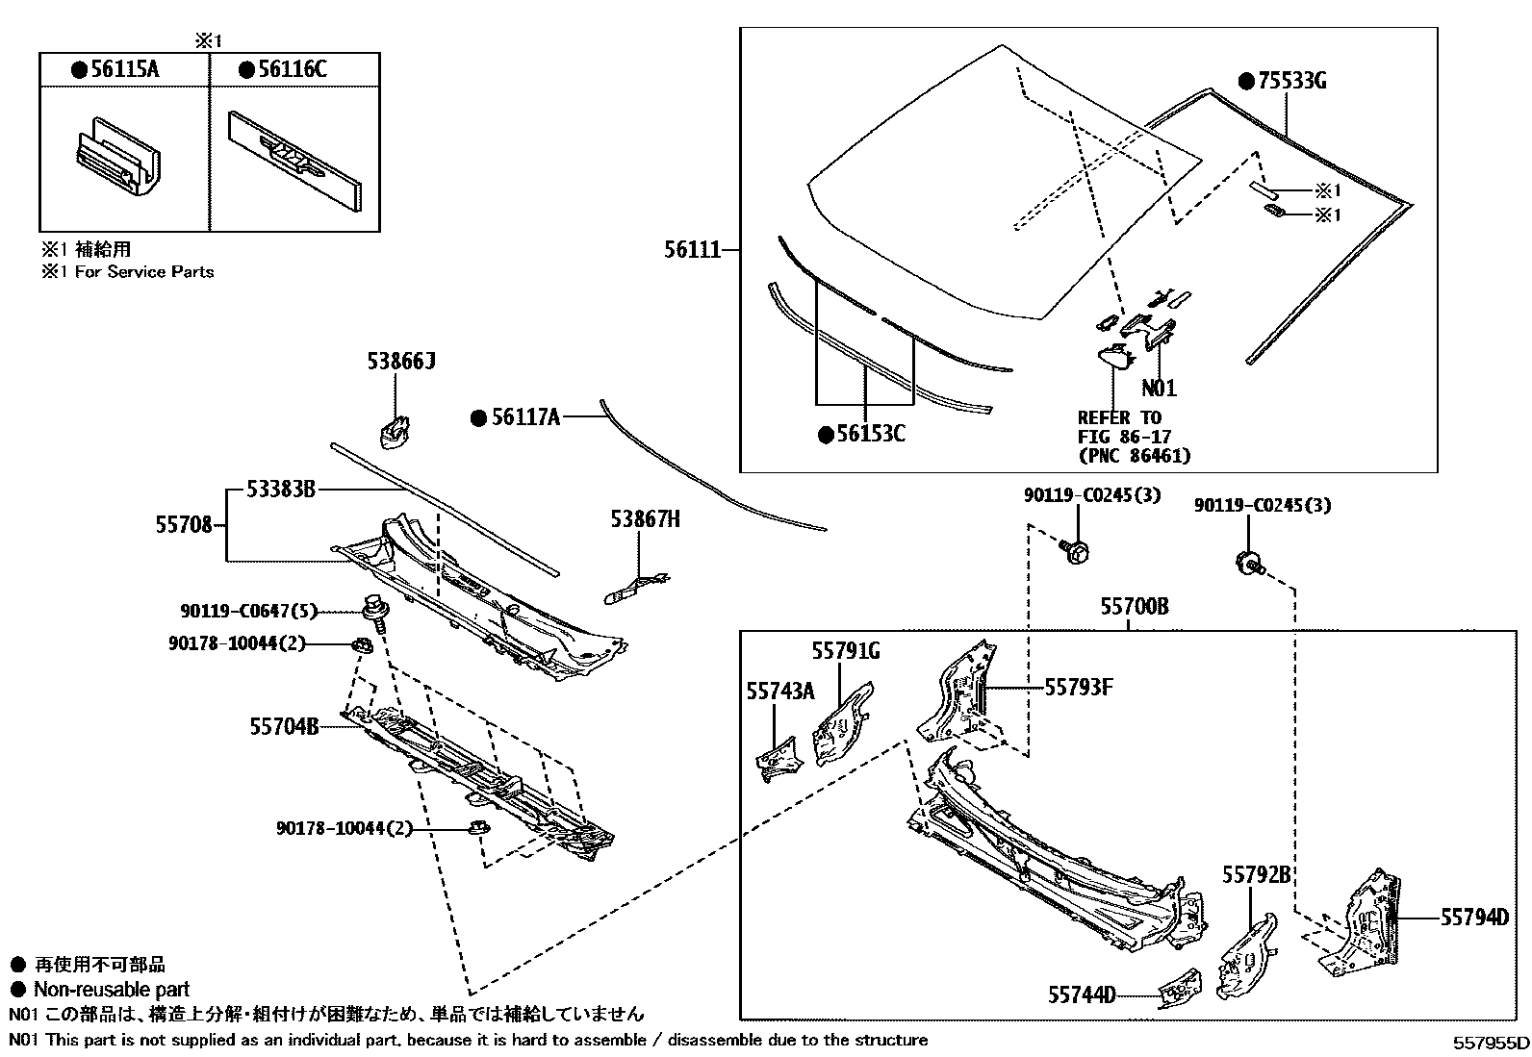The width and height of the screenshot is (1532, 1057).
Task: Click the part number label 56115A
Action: coord(124,69)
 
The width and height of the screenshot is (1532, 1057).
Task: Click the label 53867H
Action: coord(645,519)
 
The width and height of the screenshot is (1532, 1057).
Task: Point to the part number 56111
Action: coord(692,250)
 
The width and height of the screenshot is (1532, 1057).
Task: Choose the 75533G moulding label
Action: coord(1292,81)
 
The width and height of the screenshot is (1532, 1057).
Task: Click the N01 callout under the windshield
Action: coord(1159,389)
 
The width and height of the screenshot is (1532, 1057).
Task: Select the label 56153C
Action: coord(870,435)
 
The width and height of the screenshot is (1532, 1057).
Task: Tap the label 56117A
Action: coord(524,417)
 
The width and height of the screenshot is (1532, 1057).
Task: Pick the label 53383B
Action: coord(280,490)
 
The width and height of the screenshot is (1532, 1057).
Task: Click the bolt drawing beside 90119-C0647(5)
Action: coord(372,612)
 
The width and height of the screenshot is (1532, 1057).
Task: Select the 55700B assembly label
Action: coord(1135,607)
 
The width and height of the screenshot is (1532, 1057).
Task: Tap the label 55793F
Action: coord(1079,687)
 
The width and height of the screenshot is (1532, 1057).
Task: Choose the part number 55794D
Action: coord(1474,918)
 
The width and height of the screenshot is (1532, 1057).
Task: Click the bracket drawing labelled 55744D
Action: coord(1179,990)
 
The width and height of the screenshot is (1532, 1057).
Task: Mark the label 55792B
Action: coord(1257,875)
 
